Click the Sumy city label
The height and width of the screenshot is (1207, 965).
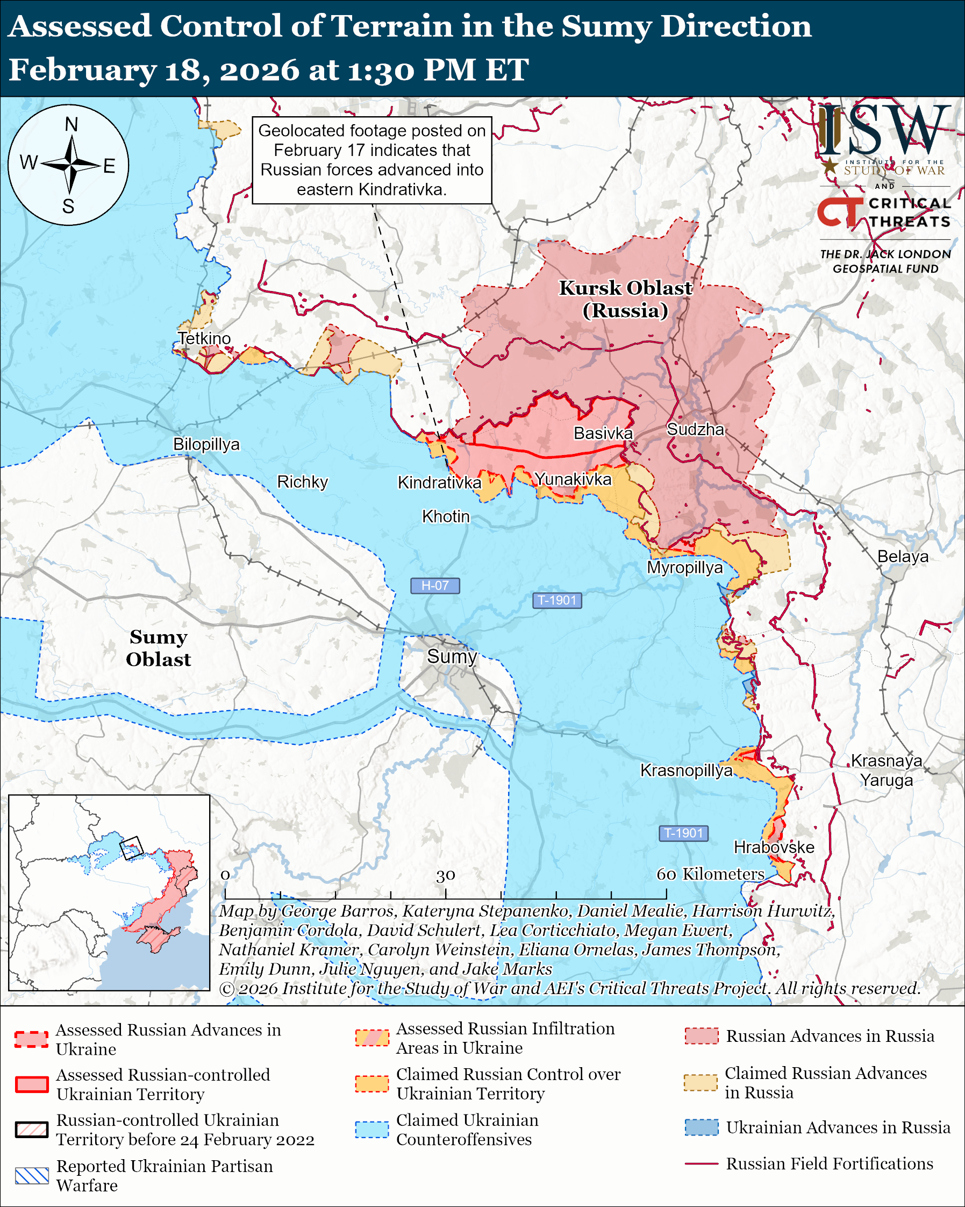(452, 656)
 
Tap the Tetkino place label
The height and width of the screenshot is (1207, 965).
(204, 338)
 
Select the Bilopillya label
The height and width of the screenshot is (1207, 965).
(206, 444)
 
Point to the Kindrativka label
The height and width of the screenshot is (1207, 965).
(439, 482)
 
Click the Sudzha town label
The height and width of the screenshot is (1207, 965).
(695, 429)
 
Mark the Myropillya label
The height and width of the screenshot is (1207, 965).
(685, 567)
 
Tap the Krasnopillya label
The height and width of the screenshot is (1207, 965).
(686, 770)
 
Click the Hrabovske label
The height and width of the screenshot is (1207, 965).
(774, 847)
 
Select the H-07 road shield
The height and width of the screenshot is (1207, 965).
(435, 586)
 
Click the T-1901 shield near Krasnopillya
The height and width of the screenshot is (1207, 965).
(683, 833)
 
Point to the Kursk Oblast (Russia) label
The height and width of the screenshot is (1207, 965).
(625, 299)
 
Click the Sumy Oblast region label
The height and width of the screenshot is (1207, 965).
(158, 648)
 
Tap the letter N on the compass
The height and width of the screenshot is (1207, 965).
(71, 124)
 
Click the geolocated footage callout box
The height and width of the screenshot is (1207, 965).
(371, 160)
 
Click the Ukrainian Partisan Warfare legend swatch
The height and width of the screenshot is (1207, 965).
(32, 1175)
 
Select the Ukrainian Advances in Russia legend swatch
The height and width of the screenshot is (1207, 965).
(702, 1127)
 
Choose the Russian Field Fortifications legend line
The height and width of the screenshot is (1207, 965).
(701, 1163)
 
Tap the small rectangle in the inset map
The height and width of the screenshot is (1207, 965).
(132, 848)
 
